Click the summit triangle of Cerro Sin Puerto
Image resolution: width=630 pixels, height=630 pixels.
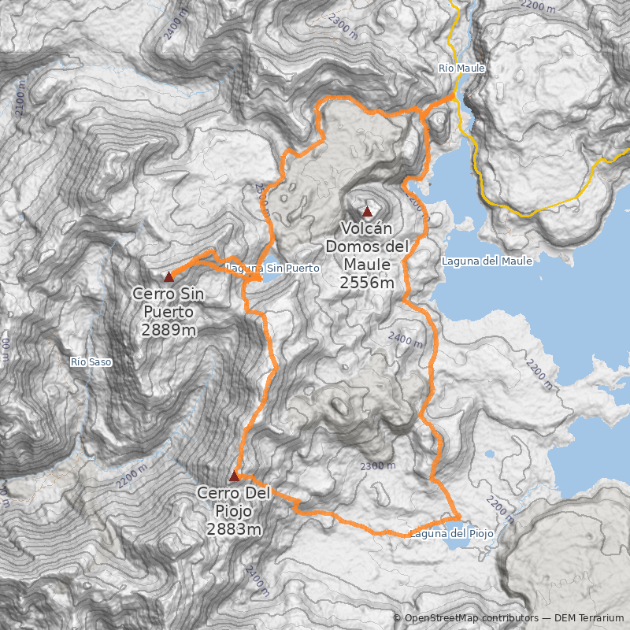coord(169,276)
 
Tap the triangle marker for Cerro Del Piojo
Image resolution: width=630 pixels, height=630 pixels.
coord(234,476)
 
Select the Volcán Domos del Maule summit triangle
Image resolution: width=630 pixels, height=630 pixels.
coord(366,211)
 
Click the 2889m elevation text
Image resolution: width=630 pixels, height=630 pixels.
coord(169,330)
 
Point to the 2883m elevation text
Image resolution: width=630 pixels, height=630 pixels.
coord(234,529)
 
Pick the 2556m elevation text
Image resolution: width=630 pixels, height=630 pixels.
coord(367,283)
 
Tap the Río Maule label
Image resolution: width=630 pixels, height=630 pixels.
coord(461,69)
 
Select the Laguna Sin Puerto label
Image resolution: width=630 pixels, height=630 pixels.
coord(273,269)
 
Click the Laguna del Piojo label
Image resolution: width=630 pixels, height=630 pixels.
coord(452,534)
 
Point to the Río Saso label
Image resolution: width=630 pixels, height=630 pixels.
coord(91,362)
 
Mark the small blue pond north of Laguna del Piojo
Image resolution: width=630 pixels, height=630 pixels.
coord(489,454)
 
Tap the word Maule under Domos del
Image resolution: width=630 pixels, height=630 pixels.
coord(367,265)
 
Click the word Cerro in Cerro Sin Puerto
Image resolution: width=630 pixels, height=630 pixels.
coord(152,295)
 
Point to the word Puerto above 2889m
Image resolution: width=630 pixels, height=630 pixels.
coord(169,312)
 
